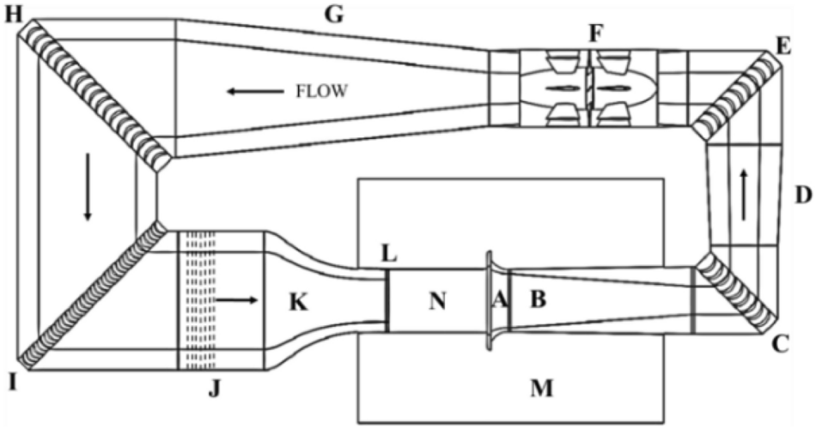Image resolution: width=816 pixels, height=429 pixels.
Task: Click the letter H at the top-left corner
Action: pyautogui.click(x=14, y=16)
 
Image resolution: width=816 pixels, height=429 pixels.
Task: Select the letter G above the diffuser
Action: pyautogui.click(x=332, y=14)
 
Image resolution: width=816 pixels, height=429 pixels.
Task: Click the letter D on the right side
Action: pyautogui.click(x=802, y=196)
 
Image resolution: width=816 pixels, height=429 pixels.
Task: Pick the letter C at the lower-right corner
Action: pyautogui.click(x=780, y=347)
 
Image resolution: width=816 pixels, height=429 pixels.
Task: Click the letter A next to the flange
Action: pyautogui.click(x=498, y=300)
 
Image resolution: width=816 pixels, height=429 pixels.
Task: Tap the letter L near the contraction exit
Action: pyautogui.click(x=388, y=255)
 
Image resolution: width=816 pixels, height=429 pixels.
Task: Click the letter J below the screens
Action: pyautogui.click(x=214, y=394)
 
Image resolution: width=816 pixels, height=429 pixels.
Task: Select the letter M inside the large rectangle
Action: pyautogui.click(x=540, y=390)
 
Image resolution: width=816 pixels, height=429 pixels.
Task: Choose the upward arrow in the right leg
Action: pyautogui.click(x=744, y=184)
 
